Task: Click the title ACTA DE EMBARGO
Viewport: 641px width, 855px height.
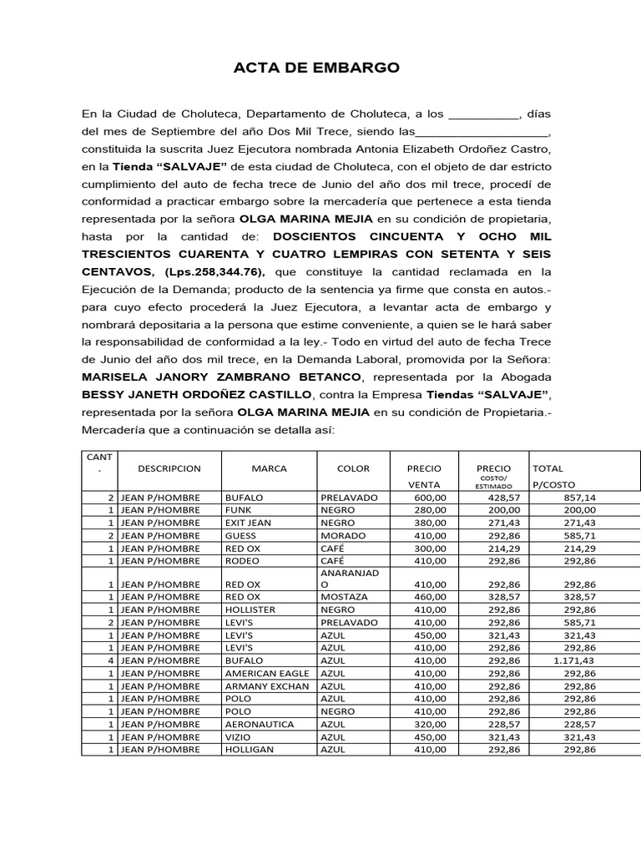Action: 316,68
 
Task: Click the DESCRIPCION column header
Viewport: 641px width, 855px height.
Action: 169,468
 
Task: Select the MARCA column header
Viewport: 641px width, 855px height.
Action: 269,468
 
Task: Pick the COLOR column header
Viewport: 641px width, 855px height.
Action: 353,468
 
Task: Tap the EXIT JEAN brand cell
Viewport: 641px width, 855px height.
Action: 248,523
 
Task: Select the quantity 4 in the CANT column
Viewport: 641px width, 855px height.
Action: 110,660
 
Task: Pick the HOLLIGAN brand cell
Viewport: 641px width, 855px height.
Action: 250,750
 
